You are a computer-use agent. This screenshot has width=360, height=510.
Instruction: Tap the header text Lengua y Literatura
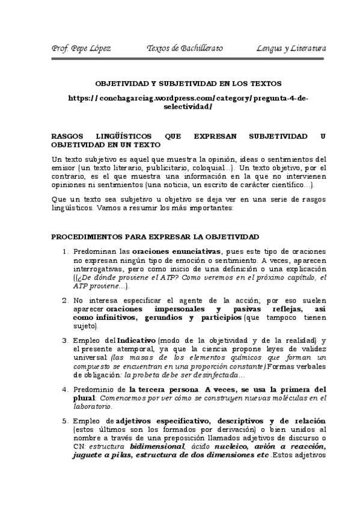pos(291,48)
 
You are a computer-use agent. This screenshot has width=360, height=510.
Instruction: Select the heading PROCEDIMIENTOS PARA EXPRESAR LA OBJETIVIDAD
pos(155,237)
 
